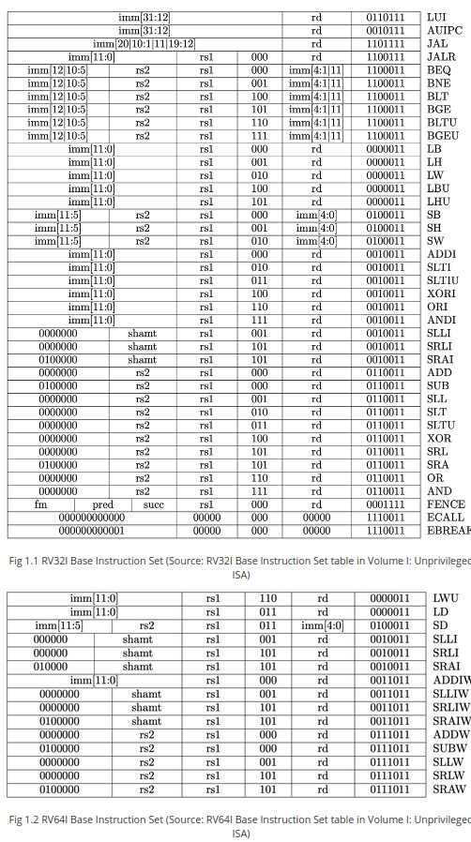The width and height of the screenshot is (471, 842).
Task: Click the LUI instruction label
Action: [x=436, y=18]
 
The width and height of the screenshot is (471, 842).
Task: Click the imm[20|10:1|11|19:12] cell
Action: [x=144, y=44]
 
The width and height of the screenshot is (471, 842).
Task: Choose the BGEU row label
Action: [x=441, y=136]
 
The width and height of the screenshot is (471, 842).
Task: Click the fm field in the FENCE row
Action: [x=39, y=504]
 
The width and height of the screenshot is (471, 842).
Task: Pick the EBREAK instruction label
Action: [x=448, y=530]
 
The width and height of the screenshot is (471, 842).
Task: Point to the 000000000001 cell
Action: [x=91, y=530]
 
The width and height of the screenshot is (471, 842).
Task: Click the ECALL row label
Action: [x=445, y=517]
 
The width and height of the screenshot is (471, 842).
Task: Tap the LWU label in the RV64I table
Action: [x=446, y=598]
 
